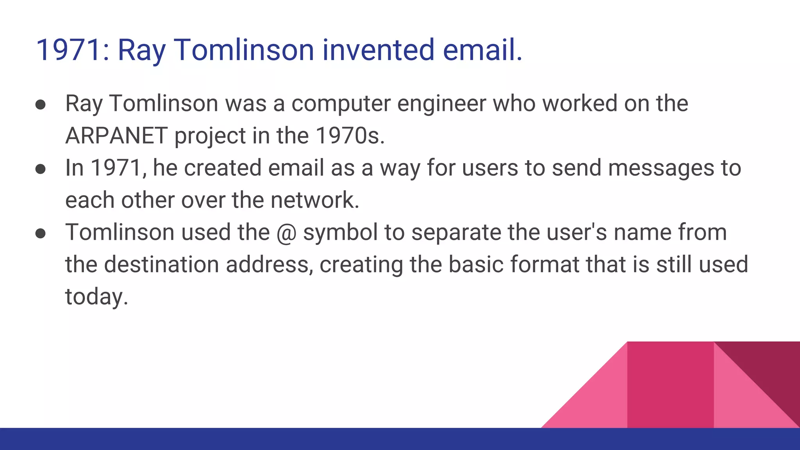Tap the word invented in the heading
[378, 50]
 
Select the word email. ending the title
[482, 50]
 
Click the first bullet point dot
[41, 105]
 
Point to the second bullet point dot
[41, 169]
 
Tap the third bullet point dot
[41, 234]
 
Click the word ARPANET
[116, 136]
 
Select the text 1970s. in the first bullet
[350, 136]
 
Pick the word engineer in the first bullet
[441, 104]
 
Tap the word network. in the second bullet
[315, 200]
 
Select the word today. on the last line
[96, 297]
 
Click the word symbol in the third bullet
[340, 233]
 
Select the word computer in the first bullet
[341, 104]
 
